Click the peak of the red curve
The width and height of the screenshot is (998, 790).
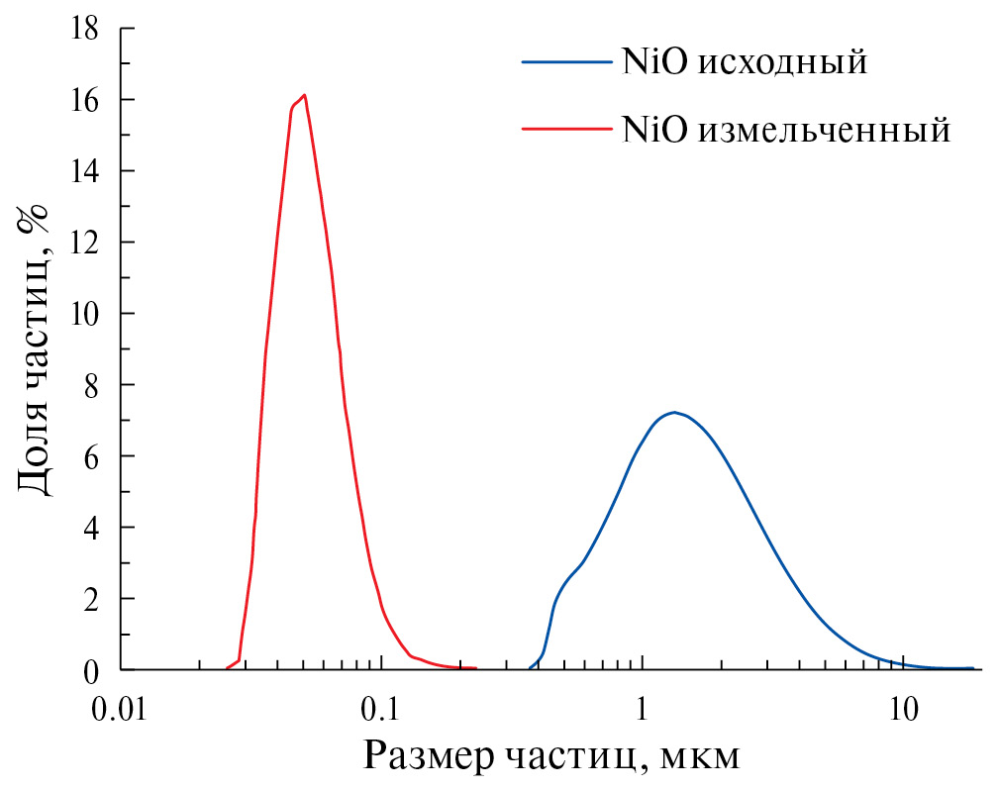click(304, 95)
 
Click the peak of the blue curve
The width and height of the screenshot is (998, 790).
click(674, 412)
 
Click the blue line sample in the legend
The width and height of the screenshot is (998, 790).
click(565, 61)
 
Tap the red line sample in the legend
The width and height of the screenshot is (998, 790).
click(565, 129)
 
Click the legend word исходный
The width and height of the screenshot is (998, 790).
click(783, 62)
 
